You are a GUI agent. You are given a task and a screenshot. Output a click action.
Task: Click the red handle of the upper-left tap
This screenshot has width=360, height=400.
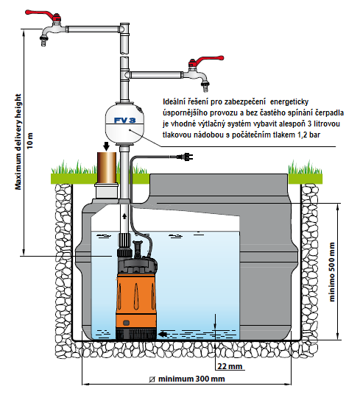point(42,14)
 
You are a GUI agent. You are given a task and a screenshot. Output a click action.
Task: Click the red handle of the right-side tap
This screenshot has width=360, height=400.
point(206,60)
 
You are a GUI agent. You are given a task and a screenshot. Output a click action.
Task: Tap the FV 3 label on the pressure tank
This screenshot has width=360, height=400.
point(124,120)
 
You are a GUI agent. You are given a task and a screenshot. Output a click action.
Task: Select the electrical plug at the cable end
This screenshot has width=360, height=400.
point(185,157)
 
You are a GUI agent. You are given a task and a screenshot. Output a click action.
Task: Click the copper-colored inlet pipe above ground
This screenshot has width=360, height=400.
point(107,168)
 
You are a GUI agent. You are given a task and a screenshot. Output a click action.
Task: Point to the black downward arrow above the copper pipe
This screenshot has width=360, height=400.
point(106,146)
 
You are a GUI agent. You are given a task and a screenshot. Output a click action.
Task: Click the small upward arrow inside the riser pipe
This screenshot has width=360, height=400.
point(124,216)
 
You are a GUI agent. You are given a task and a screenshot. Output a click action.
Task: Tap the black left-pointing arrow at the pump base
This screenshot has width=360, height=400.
point(163,334)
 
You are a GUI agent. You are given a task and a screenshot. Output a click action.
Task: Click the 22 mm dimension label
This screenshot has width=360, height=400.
point(230,366)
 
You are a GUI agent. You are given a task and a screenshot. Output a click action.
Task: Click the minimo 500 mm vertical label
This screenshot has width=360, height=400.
point(331,272)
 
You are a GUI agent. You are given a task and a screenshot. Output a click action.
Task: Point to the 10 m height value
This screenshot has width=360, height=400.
point(30,140)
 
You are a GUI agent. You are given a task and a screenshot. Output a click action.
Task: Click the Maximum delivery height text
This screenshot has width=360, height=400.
point(18,142)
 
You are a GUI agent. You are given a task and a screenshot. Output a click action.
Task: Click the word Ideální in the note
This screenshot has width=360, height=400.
point(172,101)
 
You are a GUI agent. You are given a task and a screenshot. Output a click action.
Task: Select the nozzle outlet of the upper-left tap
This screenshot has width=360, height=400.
point(43,41)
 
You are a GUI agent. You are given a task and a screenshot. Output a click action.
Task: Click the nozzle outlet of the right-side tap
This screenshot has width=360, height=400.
point(205,87)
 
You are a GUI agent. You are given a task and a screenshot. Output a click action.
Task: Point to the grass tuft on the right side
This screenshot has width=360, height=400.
point(305,168)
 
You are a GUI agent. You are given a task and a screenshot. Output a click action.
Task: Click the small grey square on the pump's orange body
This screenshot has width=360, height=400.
point(126,323)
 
